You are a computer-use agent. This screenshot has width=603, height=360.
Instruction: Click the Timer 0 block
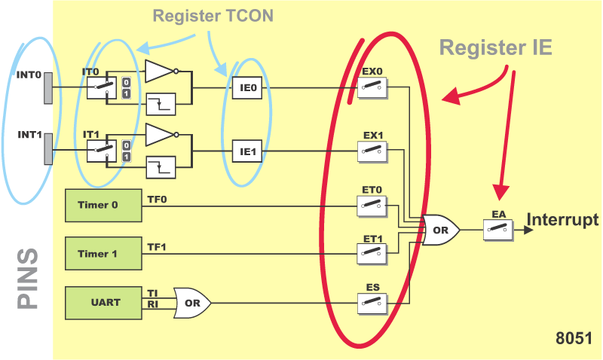[103, 205]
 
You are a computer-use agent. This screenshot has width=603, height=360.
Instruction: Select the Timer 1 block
[103, 254]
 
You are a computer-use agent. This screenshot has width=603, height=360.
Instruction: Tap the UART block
[103, 303]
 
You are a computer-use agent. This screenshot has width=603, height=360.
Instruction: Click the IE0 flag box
[248, 87]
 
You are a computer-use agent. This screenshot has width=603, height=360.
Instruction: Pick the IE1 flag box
[248, 151]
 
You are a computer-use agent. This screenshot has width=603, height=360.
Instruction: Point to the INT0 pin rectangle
[48, 90]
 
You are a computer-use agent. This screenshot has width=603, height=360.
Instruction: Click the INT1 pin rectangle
[48, 148]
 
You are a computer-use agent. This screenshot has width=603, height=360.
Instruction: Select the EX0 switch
[372, 87]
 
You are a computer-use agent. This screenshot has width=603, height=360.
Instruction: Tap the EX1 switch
[372, 151]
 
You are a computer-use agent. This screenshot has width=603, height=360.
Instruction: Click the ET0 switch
[372, 205]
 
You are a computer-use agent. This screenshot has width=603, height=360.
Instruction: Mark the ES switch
[372, 303]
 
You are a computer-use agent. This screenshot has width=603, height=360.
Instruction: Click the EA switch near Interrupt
[497, 228]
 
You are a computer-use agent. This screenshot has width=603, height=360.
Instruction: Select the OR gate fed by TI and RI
[192, 303]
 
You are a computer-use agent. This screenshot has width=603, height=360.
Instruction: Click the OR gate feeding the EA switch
[441, 229]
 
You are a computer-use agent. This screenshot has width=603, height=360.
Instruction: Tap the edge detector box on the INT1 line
[161, 166]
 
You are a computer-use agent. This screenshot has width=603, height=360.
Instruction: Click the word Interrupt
[562, 221]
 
